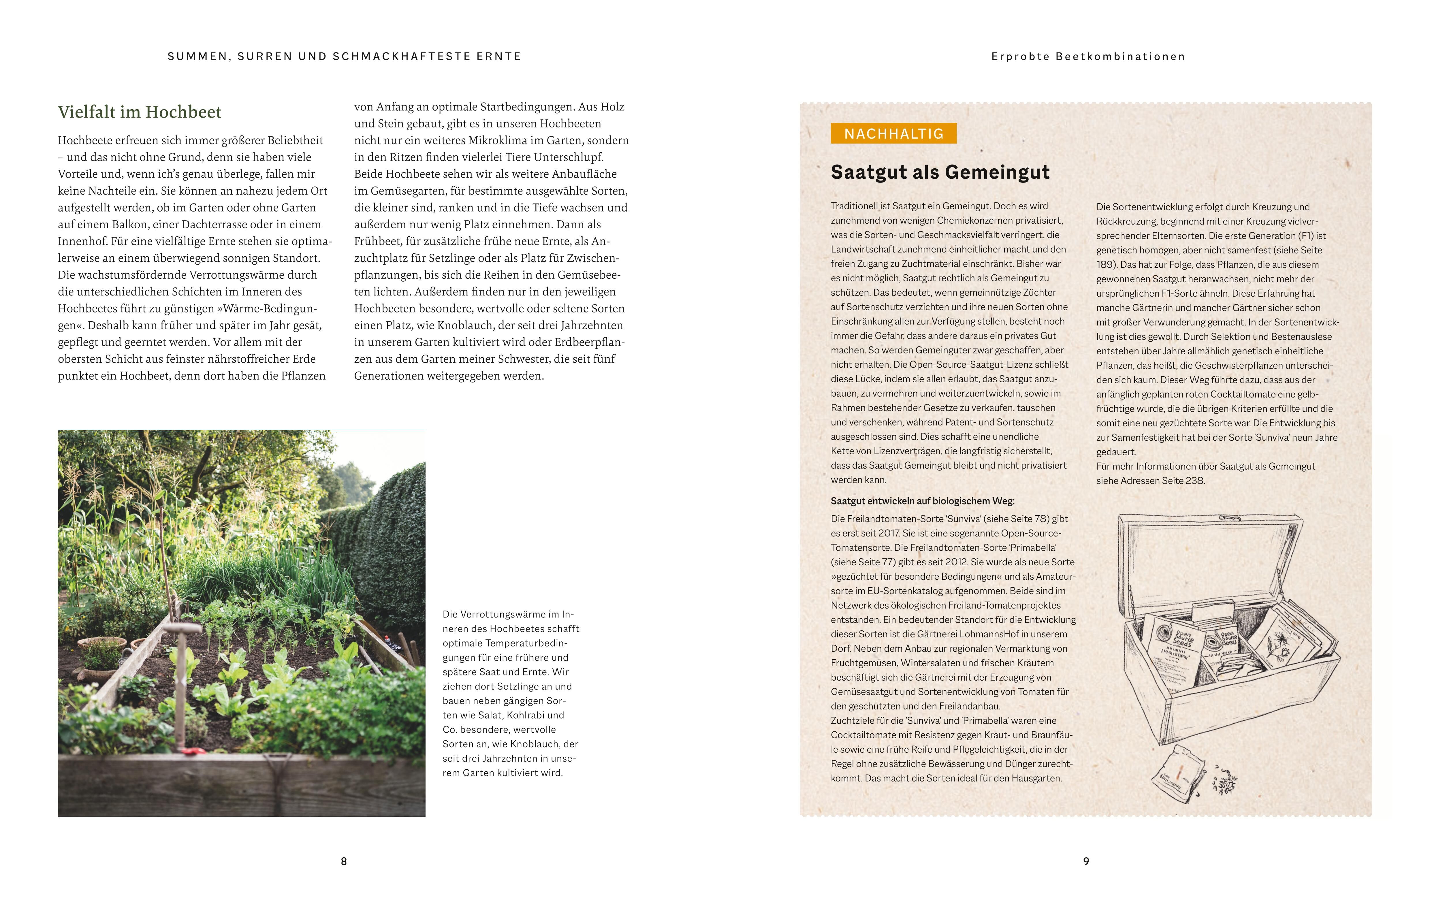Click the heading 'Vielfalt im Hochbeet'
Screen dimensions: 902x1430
[140, 112]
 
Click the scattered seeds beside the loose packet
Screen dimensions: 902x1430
[1224, 784]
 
